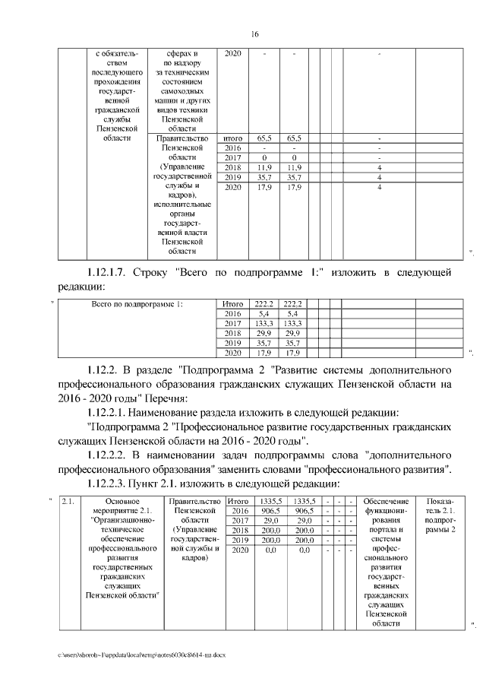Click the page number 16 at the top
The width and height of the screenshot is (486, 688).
pos(255,33)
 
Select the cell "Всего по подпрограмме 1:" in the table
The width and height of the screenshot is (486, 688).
pos(137,304)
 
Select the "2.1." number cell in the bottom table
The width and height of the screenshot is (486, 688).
pos(67,502)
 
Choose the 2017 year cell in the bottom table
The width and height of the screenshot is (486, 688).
pos(240,521)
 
